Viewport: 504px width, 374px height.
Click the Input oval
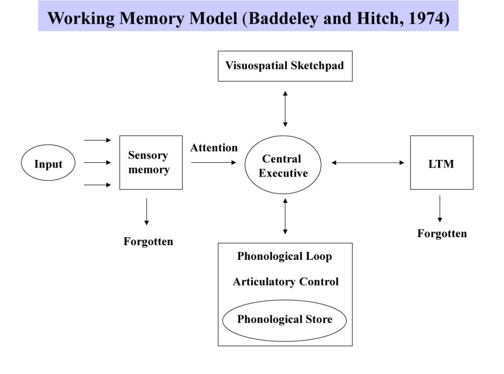click(48, 164)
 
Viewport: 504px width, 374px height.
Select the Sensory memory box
click(151, 162)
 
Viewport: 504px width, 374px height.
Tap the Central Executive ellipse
click(283, 165)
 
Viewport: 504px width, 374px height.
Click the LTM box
click(441, 163)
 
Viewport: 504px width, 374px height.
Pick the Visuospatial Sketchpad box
click(285, 66)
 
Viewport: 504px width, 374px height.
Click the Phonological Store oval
click(284, 320)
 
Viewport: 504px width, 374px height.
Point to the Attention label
click(214, 148)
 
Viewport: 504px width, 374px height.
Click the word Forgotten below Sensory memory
click(148, 242)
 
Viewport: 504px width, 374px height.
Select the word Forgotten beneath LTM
click(441, 233)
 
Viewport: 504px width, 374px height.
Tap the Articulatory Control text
click(285, 282)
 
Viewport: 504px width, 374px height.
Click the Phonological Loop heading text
click(284, 256)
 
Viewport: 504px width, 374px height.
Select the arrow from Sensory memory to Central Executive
click(214, 162)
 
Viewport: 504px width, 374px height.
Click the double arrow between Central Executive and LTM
click(367, 162)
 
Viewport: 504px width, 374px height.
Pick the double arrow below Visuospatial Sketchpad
click(285, 108)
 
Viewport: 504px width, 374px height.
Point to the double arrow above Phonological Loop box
click(285, 216)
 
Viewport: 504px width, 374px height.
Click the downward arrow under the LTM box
click(440, 209)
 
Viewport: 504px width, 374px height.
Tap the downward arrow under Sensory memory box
click(147, 212)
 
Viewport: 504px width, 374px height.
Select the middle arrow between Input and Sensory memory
click(97, 162)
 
